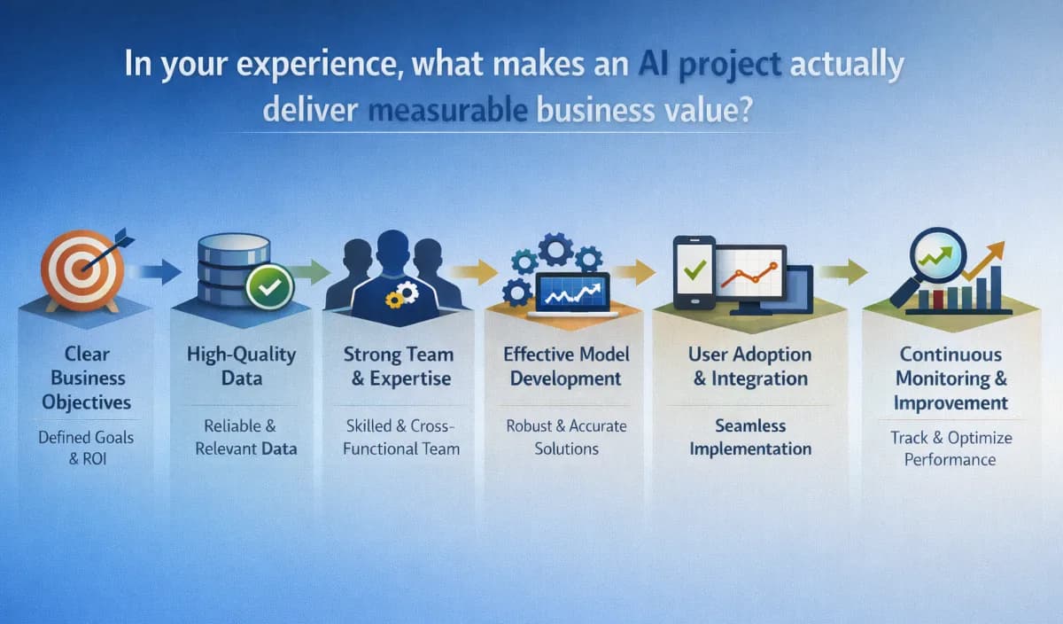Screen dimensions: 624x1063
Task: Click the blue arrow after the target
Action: tap(159, 270)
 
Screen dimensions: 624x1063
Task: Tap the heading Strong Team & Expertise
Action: tap(398, 365)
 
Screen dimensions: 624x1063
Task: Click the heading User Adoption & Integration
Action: tap(749, 365)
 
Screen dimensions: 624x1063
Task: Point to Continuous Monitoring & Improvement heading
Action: tap(950, 378)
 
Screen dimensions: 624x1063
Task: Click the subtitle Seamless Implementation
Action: tap(749, 437)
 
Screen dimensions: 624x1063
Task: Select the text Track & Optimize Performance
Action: tap(950, 448)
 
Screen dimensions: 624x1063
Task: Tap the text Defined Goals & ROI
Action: tap(85, 448)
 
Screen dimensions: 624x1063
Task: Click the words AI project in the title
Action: tap(708, 66)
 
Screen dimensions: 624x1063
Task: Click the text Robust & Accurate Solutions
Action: tap(566, 437)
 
